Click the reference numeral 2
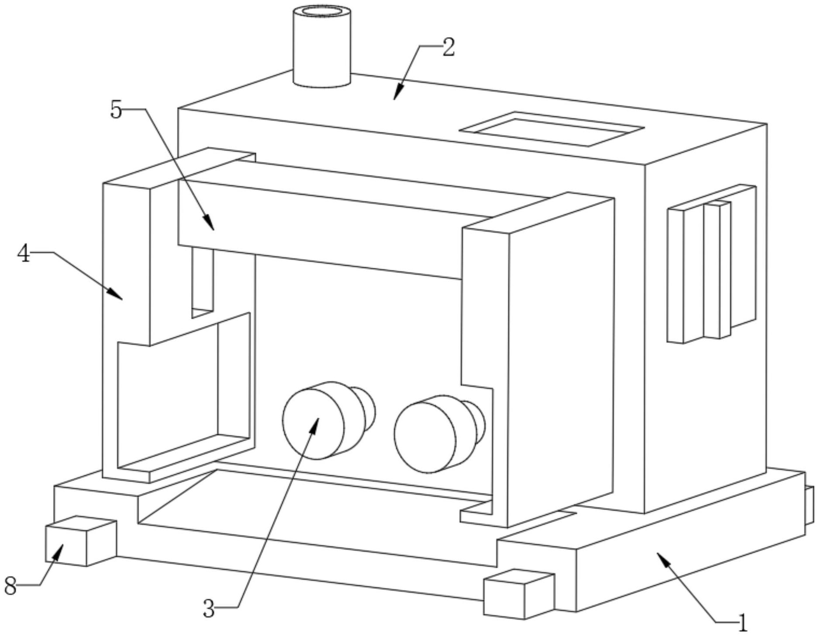[x=448, y=47]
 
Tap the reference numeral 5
[x=116, y=109]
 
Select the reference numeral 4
[x=24, y=253]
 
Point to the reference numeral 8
[x=10, y=586]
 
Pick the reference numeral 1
[x=742, y=622]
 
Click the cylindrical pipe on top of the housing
[x=322, y=48]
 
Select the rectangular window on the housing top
[x=552, y=129]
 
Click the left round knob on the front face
[x=313, y=423]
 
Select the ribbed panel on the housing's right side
[x=711, y=264]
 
